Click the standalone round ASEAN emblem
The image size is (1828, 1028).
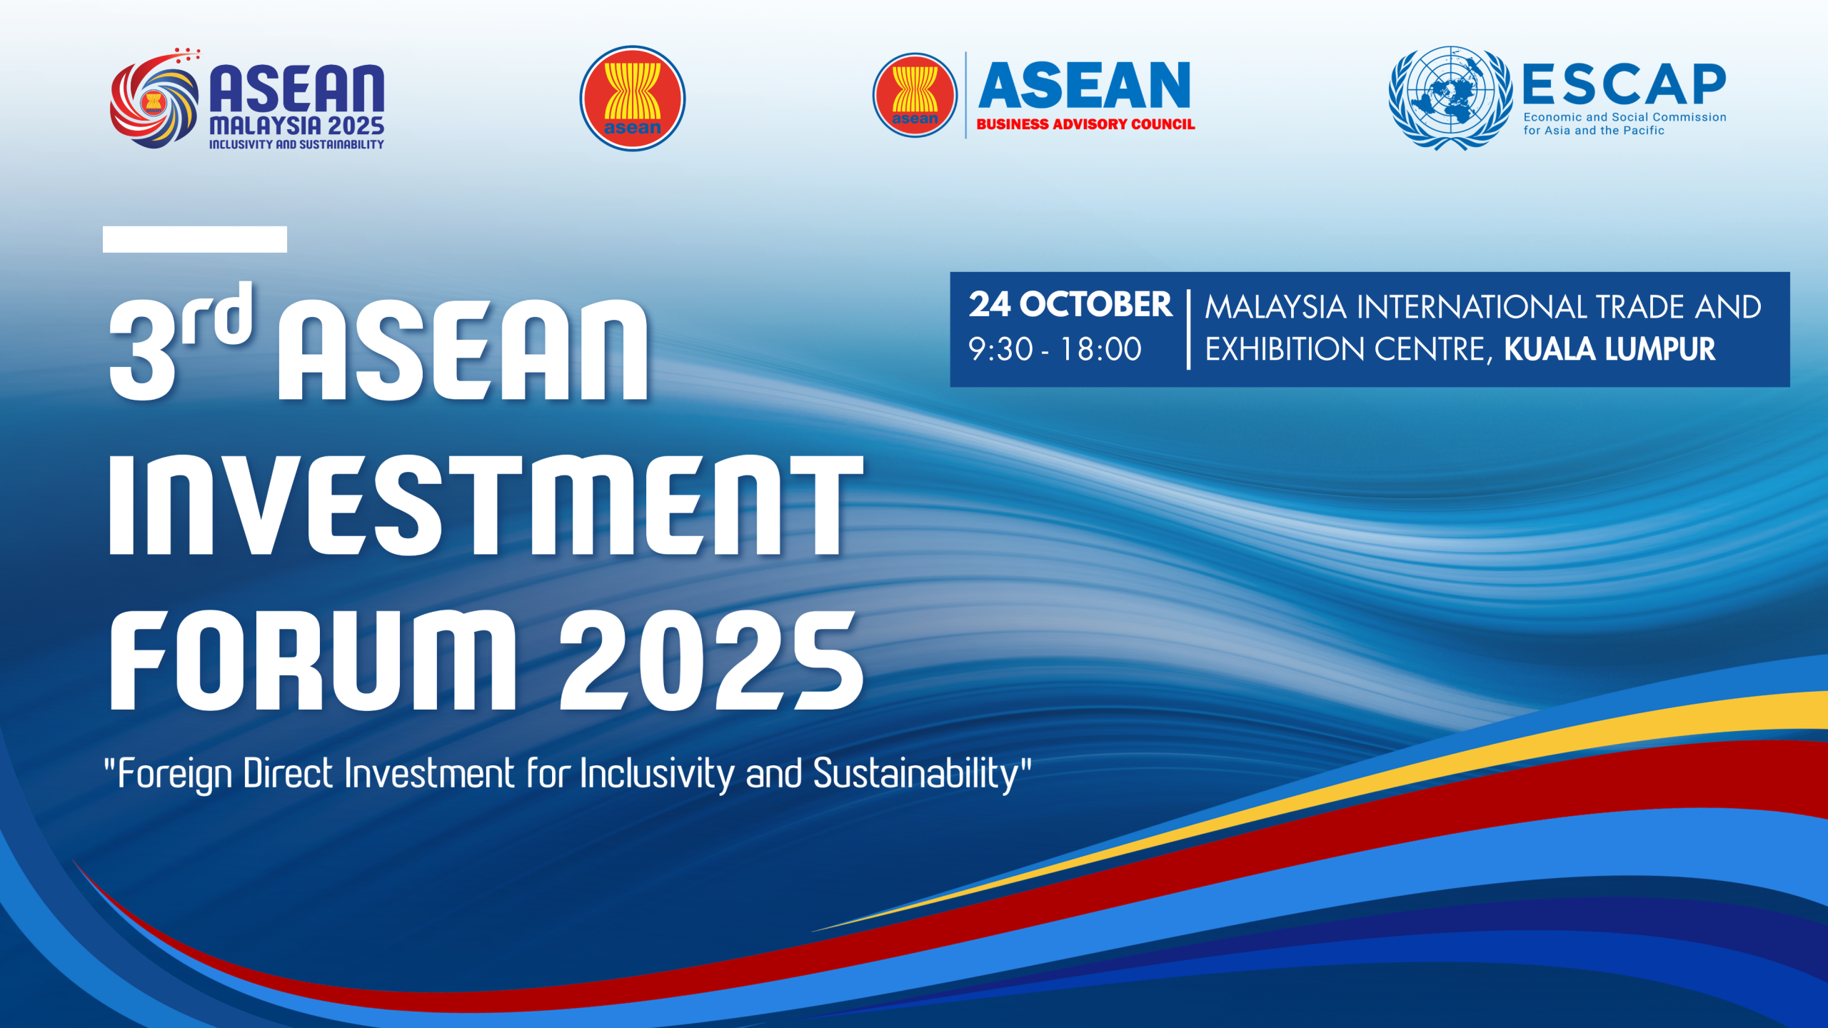click(632, 99)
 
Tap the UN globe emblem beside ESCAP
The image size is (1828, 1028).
click(1450, 98)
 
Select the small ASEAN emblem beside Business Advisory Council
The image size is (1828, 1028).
click(915, 95)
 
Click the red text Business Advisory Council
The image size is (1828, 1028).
click(1085, 124)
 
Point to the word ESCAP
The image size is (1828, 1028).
click(1624, 85)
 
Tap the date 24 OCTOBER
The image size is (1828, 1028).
click(1070, 305)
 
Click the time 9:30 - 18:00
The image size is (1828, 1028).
click(1055, 349)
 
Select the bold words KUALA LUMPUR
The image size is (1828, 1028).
click(1609, 349)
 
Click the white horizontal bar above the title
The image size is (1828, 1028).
click(195, 239)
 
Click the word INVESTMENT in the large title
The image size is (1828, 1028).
click(486, 505)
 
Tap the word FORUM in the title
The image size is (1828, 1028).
click(312, 660)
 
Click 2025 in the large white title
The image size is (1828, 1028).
click(711, 660)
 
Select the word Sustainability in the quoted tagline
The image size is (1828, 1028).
click(915, 774)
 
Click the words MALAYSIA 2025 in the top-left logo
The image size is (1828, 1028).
click(296, 126)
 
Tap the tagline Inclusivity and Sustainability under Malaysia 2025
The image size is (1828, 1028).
click(296, 144)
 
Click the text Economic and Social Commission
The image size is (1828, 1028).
click(1624, 117)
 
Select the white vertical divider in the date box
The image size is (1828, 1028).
click(1188, 329)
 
